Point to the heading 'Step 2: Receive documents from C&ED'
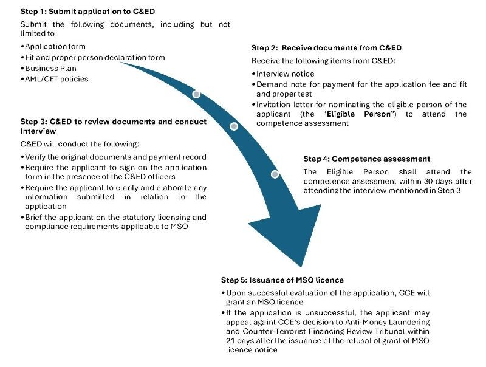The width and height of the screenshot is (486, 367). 326,47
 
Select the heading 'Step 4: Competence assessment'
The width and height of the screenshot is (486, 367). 367,159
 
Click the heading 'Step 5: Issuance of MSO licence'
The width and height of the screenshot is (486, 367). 282,280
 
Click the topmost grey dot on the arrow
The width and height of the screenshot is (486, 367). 196,94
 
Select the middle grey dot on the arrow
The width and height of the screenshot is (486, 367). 234,126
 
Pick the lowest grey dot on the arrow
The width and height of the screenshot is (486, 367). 275,174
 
